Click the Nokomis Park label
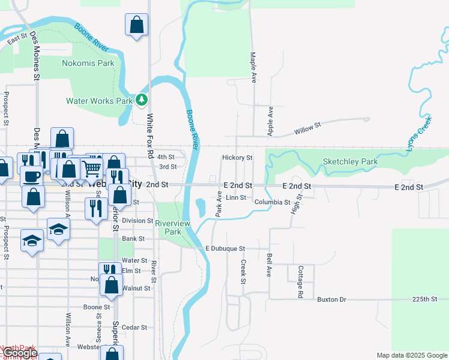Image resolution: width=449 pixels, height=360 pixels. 88,62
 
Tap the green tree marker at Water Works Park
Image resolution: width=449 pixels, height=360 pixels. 142,100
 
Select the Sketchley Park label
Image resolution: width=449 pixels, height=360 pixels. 350,162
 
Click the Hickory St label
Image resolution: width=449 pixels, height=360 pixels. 237,158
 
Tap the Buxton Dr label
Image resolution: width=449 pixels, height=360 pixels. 332,299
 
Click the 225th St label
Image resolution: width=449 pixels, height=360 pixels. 424,299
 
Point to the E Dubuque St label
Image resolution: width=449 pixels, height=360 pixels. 225,248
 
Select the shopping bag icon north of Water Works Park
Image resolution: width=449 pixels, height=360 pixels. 137,25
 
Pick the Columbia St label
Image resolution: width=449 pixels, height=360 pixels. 273,203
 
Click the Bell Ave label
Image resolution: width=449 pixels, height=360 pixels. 270,265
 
